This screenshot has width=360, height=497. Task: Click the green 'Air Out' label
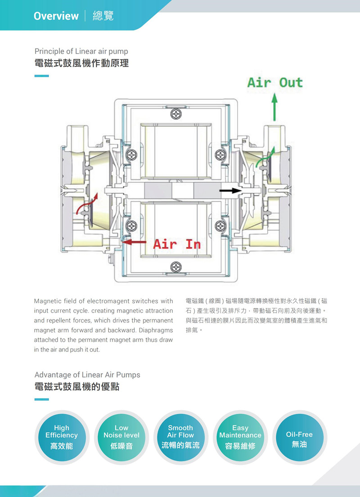pyautogui.click(x=275, y=83)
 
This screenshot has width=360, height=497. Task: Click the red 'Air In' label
pyautogui.click(x=177, y=244)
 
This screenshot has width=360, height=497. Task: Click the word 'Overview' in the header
pyautogui.click(x=56, y=16)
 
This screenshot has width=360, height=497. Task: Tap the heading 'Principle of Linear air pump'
pyautogui.click(x=81, y=51)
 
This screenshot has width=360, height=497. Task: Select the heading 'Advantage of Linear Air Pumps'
pyautogui.click(x=87, y=375)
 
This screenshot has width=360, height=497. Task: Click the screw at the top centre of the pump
pyautogui.click(x=176, y=115)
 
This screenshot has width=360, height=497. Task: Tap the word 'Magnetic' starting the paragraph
pyautogui.click(x=48, y=301)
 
